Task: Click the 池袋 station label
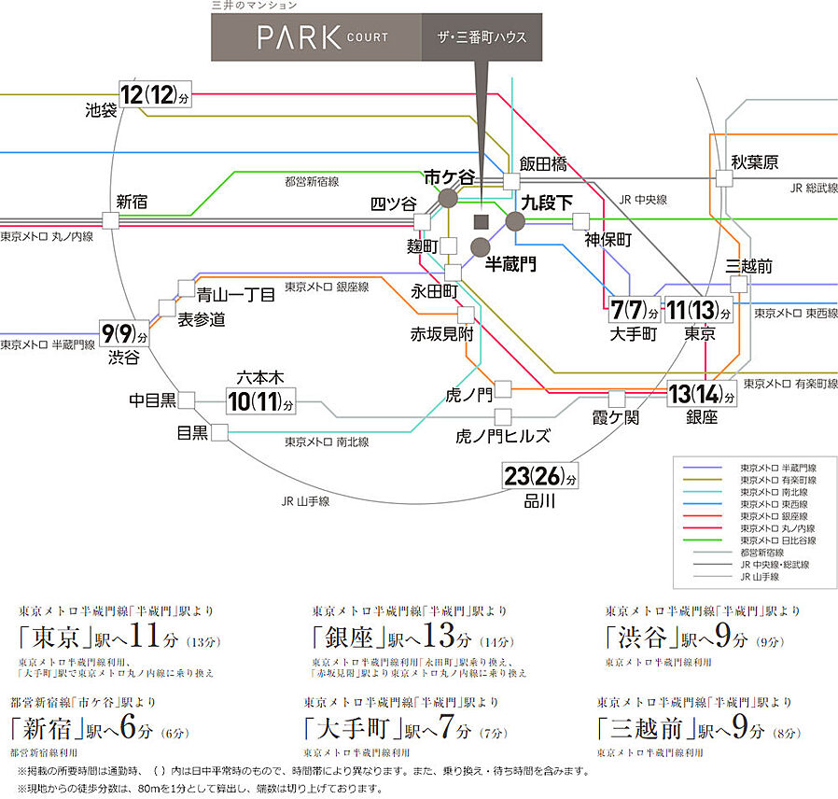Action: [101, 110]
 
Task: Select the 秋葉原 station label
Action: [754, 162]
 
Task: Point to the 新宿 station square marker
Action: [112, 220]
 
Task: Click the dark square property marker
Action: [482, 221]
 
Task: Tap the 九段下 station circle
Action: [515, 220]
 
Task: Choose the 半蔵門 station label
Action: [511, 265]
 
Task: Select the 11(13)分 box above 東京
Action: [700, 309]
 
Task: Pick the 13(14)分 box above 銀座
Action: [702, 395]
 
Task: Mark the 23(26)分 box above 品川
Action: [539, 476]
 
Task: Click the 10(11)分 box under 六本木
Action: [261, 402]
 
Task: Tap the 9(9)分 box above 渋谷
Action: [125, 332]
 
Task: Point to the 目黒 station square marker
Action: [220, 432]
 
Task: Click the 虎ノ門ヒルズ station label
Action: [502, 436]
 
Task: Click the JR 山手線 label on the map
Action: [305, 501]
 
